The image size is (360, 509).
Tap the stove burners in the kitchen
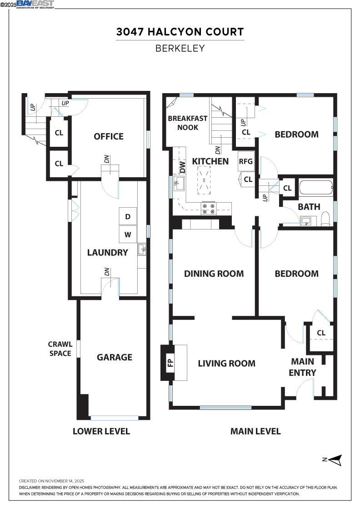(209, 208)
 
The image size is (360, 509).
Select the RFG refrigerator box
(246, 161)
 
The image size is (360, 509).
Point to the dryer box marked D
(128, 217)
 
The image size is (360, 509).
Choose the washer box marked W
(128, 235)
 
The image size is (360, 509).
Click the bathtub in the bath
(315, 188)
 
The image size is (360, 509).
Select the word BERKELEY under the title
(180, 48)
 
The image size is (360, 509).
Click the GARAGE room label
(115, 357)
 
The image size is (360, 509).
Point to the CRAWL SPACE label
(60, 349)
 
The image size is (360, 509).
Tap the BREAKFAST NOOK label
(188, 123)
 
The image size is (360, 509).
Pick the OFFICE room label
(109, 136)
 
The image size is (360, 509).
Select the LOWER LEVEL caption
(101, 431)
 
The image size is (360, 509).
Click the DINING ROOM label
(214, 274)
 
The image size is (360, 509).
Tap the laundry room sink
(142, 249)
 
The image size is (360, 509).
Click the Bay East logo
(35, 4)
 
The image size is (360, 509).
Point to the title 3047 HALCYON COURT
(180, 32)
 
